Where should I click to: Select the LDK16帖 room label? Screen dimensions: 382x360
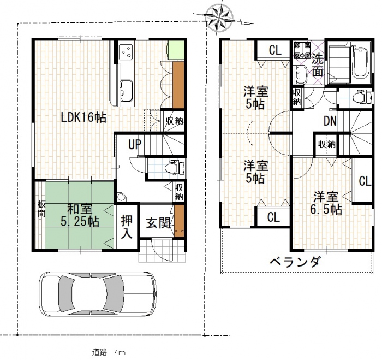pos(83,118)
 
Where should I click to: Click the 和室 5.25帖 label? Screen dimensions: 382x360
pos(80,215)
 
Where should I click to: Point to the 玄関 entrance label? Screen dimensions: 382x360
pos(158,223)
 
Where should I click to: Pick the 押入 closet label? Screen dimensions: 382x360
pos(127,227)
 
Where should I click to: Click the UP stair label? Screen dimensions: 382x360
pos(135,144)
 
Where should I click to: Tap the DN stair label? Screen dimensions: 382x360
pos(330,121)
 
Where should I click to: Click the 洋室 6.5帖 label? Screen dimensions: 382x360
pos(326,203)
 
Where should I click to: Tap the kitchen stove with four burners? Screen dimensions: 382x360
pos(126,52)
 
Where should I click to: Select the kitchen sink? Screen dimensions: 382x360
pos(126,90)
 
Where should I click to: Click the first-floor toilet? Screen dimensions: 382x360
pos(174,167)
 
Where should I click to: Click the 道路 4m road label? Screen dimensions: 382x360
pos(109,352)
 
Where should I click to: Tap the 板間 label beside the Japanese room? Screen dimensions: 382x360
pos(41,209)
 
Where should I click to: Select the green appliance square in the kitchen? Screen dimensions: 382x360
pos(176,50)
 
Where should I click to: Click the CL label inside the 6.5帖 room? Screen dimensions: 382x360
pos(365,181)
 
